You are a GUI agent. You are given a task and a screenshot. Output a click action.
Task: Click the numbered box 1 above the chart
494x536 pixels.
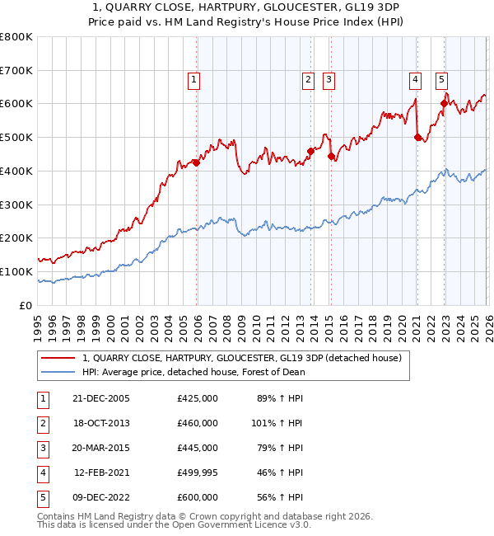[193, 80]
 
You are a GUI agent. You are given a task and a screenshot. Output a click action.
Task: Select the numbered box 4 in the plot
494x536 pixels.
[415, 80]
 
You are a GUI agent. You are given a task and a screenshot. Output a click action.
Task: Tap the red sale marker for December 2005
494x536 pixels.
[197, 162]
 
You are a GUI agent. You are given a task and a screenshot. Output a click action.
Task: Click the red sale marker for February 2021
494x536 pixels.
[417, 138]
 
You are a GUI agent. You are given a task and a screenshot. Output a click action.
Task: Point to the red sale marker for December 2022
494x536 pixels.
[444, 104]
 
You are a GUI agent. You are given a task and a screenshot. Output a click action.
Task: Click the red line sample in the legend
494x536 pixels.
[58, 359]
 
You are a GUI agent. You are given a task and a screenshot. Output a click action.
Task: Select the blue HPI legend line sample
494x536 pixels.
[58, 372]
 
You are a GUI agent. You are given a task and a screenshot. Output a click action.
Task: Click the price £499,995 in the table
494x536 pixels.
[197, 473]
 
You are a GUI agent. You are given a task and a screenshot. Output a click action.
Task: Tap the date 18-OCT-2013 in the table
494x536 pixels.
[102, 423]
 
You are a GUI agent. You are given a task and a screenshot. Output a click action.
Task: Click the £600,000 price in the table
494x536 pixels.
[197, 497]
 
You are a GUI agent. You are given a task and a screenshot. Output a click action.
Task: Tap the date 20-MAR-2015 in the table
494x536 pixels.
[102, 448]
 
